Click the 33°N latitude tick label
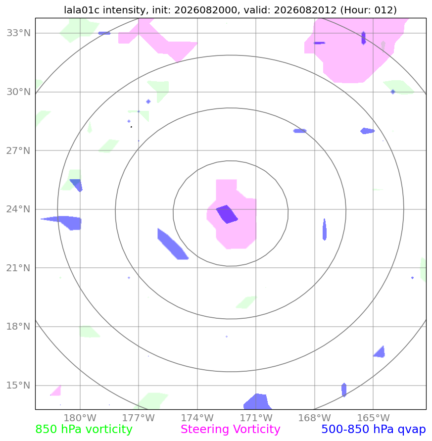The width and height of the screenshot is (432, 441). (x=18, y=33)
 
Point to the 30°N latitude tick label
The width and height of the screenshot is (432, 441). (x=18, y=92)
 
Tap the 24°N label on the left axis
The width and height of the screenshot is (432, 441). (x=18, y=209)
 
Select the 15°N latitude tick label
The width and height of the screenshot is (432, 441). (x=18, y=385)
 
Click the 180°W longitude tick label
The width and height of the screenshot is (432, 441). (x=80, y=418)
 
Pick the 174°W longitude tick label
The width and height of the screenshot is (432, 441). (x=197, y=418)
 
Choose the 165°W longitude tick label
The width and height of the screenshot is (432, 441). (x=373, y=418)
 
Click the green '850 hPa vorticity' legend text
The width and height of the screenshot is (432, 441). (x=84, y=430)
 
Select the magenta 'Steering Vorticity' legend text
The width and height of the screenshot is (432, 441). (x=230, y=430)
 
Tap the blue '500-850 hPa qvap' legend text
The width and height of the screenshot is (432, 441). (x=374, y=430)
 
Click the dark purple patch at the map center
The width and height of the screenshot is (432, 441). (x=227, y=214)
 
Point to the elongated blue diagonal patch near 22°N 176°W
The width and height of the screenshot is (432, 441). (x=172, y=244)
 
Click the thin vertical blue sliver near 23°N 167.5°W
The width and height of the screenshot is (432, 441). (x=325, y=229)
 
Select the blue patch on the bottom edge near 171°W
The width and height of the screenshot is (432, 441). (x=257, y=401)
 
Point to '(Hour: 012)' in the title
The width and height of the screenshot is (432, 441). (x=369, y=10)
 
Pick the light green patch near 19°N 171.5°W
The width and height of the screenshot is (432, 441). (x=246, y=302)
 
